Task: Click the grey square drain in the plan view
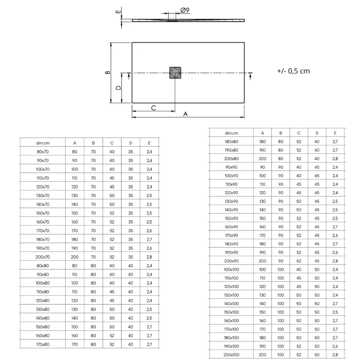point(175,73)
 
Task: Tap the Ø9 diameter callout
point(185,10)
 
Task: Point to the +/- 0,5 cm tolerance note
point(293,71)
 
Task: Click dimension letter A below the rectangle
point(185,114)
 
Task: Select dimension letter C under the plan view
point(153,108)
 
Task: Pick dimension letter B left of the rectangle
point(108,72)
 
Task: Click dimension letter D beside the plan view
point(118,88)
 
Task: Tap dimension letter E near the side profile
point(118,12)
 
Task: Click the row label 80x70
point(43,152)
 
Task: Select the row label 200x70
point(43,257)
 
